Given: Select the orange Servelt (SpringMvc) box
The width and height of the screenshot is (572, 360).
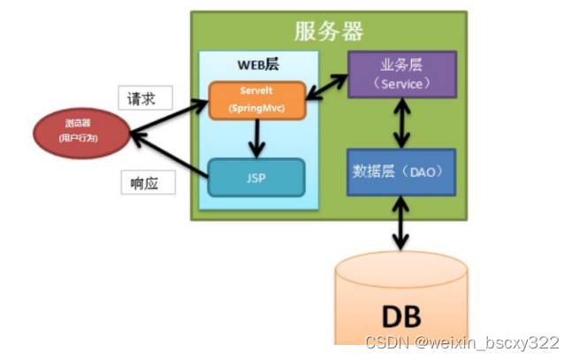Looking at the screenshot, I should click(x=256, y=100).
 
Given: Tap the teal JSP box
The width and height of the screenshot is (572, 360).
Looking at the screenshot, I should click(x=256, y=177).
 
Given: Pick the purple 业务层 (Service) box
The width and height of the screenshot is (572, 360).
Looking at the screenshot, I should click(x=402, y=73).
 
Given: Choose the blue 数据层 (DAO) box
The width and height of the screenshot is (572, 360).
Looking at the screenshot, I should click(x=402, y=172).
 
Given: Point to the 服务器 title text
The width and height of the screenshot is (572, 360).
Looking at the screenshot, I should click(x=329, y=32).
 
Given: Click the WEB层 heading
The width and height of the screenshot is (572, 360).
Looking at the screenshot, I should click(x=256, y=65).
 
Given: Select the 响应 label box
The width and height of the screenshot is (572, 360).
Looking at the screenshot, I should click(x=146, y=183).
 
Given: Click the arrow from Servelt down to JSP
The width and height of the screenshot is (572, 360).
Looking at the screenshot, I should click(x=256, y=138).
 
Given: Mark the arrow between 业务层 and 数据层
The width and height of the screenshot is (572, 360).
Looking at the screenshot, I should click(x=403, y=122).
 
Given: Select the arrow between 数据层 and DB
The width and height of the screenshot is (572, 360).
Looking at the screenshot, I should click(x=403, y=226).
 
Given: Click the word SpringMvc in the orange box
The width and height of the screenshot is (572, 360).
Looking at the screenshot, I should click(x=256, y=108).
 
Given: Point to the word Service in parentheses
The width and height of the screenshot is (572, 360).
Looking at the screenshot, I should click(x=402, y=83).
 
